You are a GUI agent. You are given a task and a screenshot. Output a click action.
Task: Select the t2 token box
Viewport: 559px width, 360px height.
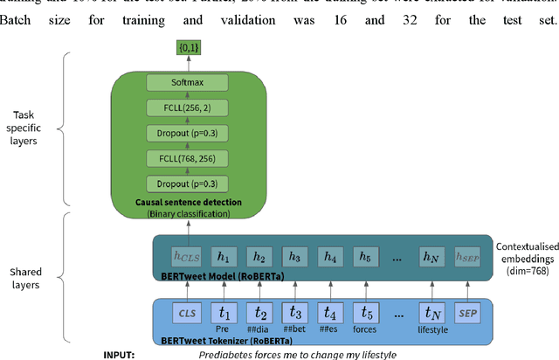[x=259, y=312]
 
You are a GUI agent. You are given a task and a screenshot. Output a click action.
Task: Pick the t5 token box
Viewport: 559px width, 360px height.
[x=366, y=312]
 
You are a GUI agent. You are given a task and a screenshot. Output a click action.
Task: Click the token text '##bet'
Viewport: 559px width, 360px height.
[x=295, y=331]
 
